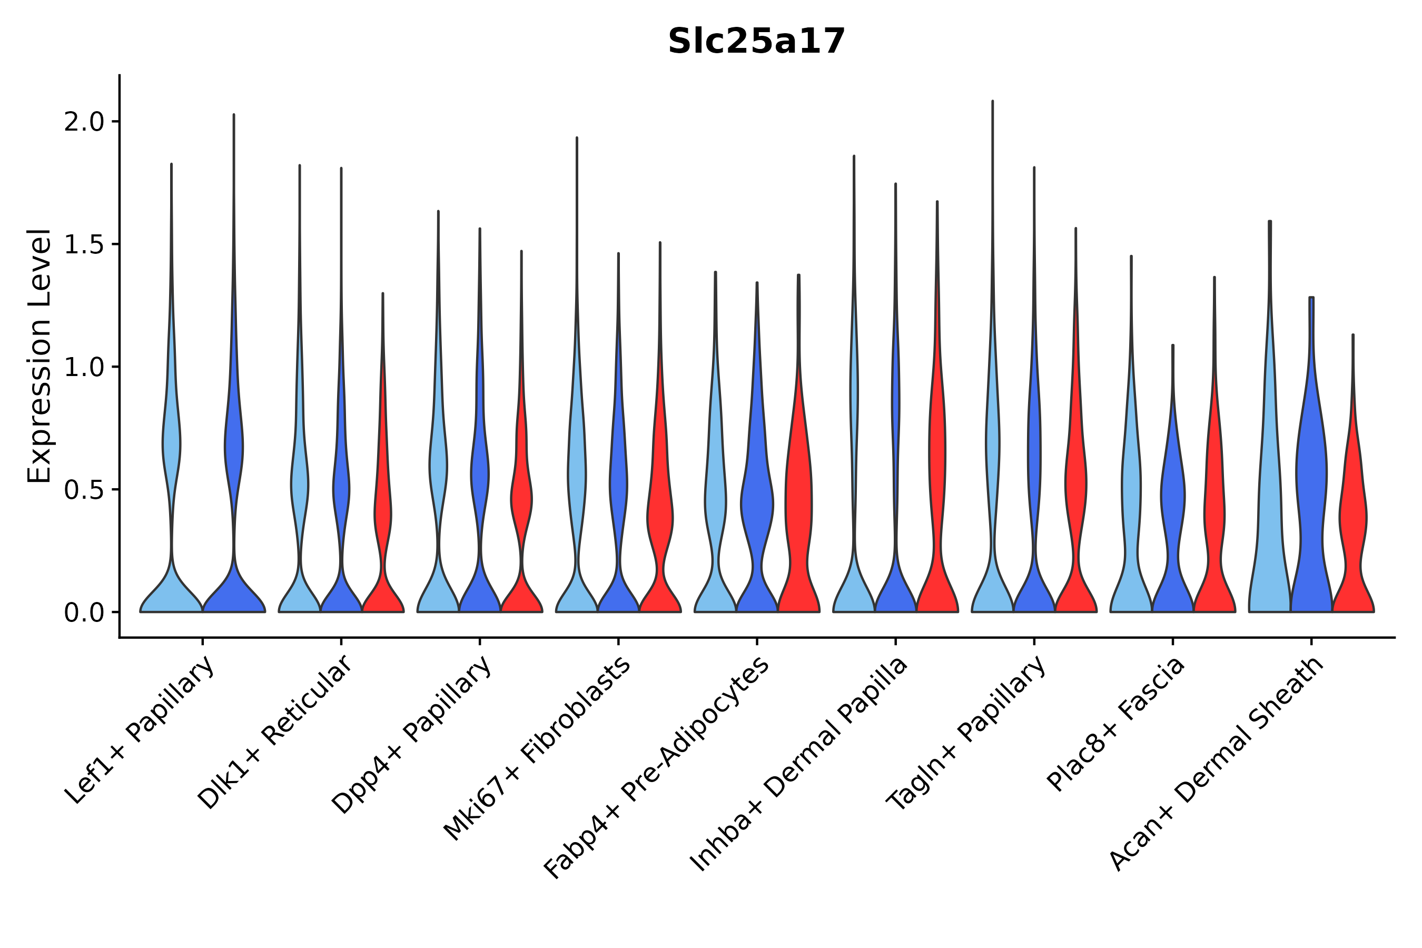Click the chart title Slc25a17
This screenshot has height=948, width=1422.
756,42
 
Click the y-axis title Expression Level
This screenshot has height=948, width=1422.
39,355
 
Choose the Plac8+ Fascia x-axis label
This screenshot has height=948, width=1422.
1115,724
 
